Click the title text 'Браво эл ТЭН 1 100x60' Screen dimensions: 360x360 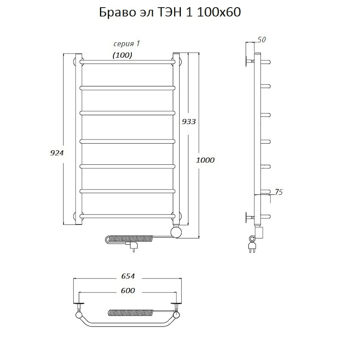coord(170,12)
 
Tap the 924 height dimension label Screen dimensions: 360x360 coord(57,153)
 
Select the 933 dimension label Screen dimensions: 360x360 coord(189,122)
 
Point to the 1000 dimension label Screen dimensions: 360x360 coord(205,160)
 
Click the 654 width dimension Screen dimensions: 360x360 coord(128,276)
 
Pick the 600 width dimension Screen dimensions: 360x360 coord(128,290)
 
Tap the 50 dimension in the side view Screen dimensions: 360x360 coord(262,40)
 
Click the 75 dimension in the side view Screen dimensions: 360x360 coord(278,192)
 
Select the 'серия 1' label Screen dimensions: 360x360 coord(126,44)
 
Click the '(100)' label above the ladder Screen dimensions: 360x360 coord(122,55)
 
